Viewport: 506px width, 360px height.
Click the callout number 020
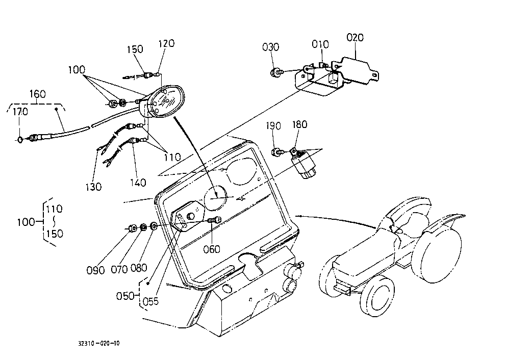(x=355, y=37)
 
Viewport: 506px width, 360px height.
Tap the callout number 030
(x=270, y=47)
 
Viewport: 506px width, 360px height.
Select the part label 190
(x=273, y=126)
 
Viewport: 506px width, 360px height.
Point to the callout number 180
(x=300, y=124)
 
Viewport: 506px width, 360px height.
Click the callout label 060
(x=212, y=249)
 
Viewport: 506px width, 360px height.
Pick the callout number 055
(x=150, y=301)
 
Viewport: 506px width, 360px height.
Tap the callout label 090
(x=95, y=270)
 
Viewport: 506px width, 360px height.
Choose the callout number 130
(x=93, y=187)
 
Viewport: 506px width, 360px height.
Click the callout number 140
(x=138, y=183)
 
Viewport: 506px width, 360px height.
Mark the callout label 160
(x=37, y=94)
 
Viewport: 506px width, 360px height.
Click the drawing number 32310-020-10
(x=99, y=343)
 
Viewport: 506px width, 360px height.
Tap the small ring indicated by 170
(x=20, y=140)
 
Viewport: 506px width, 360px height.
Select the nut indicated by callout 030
(x=275, y=72)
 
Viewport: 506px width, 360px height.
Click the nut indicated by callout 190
(x=276, y=151)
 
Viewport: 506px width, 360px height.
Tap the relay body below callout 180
(x=303, y=165)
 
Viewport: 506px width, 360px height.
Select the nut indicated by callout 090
(x=132, y=228)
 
